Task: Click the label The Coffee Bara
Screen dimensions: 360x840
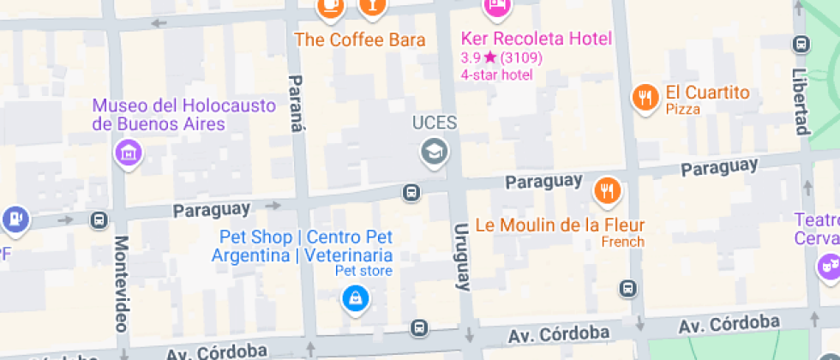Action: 360,39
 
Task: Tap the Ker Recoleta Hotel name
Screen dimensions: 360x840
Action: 536,39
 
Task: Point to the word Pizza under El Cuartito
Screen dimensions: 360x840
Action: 682,109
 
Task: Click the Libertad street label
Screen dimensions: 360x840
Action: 801,101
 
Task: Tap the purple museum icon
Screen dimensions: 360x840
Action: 129,153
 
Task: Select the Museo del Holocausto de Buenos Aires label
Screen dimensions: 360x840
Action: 184,115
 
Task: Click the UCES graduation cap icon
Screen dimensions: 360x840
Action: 435,152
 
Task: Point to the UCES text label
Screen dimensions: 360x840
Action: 435,123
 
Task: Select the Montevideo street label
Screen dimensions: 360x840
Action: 121,284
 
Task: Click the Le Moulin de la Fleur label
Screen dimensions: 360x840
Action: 559,225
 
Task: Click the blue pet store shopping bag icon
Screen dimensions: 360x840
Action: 353,298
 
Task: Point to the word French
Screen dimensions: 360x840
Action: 622,242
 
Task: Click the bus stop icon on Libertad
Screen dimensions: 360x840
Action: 801,44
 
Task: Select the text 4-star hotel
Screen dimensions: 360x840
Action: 496,75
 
